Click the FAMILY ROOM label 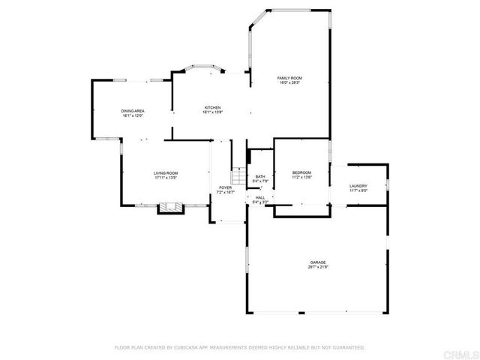(x=289, y=78)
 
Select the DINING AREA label (x=133, y=112)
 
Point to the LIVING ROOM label (x=166, y=173)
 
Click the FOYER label (x=225, y=187)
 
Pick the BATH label (x=260, y=177)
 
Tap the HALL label (x=260, y=197)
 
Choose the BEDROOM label (x=301, y=173)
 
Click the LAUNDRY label (x=358, y=186)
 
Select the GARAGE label (x=318, y=262)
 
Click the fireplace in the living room (x=169, y=208)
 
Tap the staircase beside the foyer (x=238, y=177)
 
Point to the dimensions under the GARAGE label (x=318, y=267)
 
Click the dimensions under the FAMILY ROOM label (x=289, y=82)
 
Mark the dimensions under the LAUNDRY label (x=358, y=190)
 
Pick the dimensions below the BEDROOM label (x=301, y=178)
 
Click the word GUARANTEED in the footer (x=349, y=348)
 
